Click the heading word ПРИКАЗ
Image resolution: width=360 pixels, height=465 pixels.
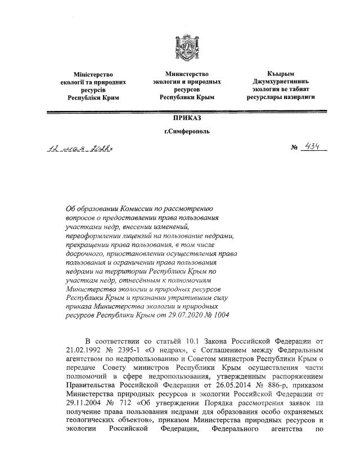(x=187, y=118)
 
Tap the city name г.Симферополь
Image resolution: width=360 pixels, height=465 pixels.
(x=187, y=131)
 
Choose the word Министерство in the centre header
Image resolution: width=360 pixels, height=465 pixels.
(x=187, y=74)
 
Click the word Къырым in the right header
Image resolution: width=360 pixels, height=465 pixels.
(x=281, y=74)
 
